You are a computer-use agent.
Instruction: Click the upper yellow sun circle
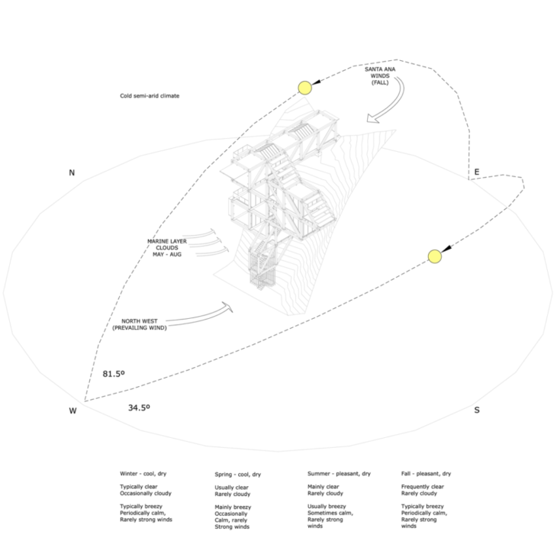pos(305,87)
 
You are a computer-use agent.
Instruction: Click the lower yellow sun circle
pos(435,256)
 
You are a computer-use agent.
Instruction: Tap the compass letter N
pos(72,173)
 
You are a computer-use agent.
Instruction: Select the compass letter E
pos(476,172)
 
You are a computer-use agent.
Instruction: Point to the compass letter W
pos(73,411)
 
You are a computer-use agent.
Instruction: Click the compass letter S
pos(477,411)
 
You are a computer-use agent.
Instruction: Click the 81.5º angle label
pos(114,374)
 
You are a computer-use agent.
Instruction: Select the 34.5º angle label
pos(139,408)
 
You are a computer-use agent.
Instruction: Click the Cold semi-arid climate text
pos(149,97)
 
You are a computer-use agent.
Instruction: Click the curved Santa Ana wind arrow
pos(393,107)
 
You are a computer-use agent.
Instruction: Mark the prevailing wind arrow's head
pos(227,307)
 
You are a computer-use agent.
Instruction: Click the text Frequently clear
pos(422,486)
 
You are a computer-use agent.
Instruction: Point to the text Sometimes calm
pos(330,514)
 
